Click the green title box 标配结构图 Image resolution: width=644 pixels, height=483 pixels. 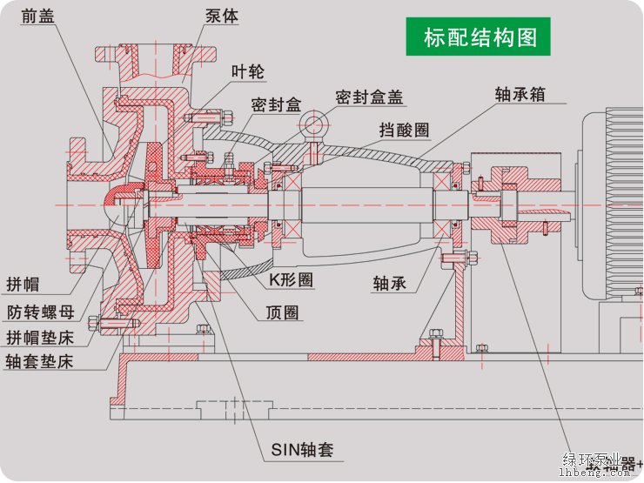(480, 37)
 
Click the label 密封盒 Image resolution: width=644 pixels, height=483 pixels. (275, 104)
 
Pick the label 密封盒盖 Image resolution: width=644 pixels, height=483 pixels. (371, 97)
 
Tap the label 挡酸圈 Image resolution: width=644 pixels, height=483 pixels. (404, 130)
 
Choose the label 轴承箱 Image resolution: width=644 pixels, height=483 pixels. (520, 94)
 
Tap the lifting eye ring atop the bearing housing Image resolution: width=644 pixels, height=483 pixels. (314, 126)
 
